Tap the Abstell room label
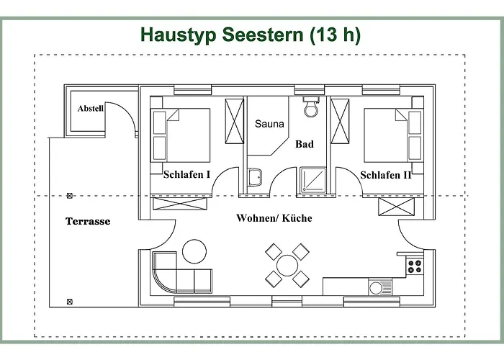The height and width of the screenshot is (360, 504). tap(91, 109)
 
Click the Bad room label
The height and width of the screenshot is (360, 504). tap(305, 144)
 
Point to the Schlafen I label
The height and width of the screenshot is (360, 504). tap(186, 174)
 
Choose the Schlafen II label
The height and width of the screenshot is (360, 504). tap(386, 174)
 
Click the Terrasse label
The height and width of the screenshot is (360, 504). tap(88, 221)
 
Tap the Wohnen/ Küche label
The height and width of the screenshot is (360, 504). tap(274, 218)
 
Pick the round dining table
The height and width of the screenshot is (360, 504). tap(286, 264)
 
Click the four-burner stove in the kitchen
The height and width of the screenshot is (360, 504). tap(415, 266)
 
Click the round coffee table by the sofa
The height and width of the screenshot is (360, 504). tap(194, 251)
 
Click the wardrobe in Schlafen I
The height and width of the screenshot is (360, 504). tap(235, 122)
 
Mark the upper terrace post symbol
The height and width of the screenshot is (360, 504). tap(70, 195)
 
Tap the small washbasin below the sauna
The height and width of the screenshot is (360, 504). tap(254, 178)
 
